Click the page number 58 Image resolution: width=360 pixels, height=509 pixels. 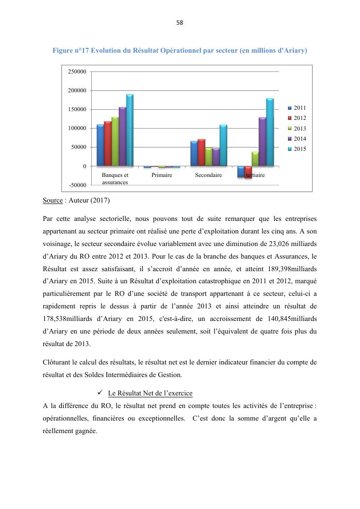click(x=180, y=23)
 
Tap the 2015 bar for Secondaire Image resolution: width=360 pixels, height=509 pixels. click(x=223, y=145)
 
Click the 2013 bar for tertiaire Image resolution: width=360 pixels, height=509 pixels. click(x=255, y=159)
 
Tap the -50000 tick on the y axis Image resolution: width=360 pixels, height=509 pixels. click(x=78, y=185)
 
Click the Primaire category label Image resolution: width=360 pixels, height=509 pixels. click(x=162, y=175)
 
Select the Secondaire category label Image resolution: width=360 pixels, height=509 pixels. click(x=208, y=175)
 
